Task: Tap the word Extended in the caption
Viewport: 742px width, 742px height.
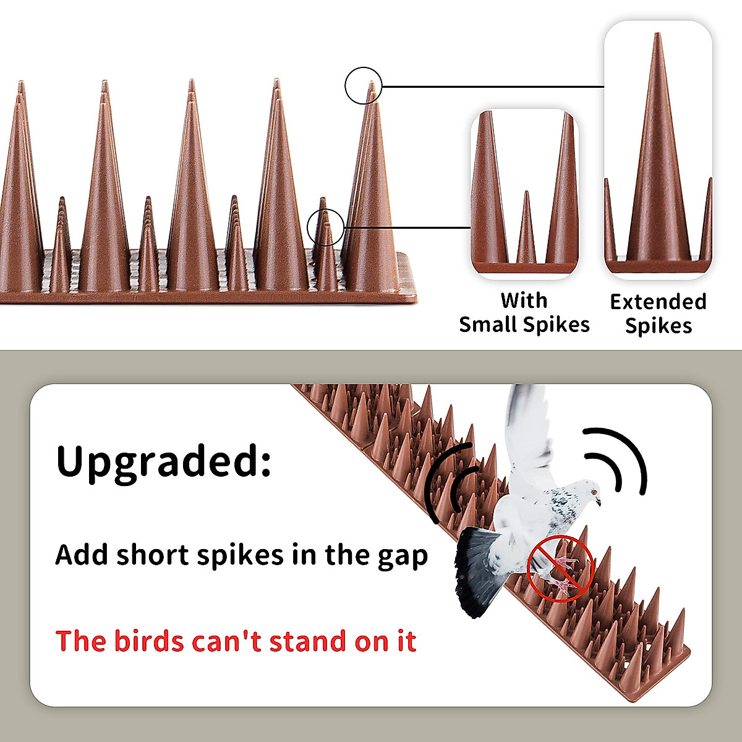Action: pyautogui.click(x=658, y=302)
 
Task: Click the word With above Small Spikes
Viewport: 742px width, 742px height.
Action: pyautogui.click(x=524, y=301)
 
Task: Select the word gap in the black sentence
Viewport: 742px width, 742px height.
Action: pyautogui.click(x=402, y=556)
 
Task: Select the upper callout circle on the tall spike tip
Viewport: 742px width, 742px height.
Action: pyautogui.click(x=364, y=85)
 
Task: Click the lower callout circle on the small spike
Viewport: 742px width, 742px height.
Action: pyautogui.click(x=325, y=226)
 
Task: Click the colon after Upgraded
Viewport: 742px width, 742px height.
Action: pyautogui.click(x=265, y=461)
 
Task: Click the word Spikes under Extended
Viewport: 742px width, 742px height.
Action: pyautogui.click(x=658, y=326)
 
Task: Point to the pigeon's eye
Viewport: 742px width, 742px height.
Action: pyautogui.click(x=593, y=492)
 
